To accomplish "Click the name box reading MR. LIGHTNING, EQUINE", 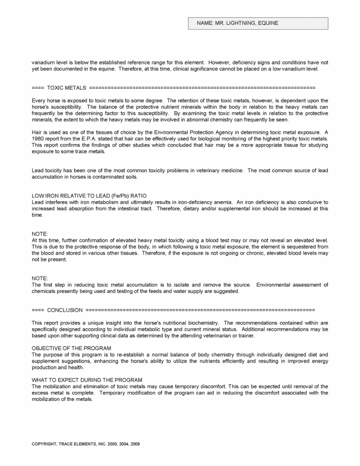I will (258, 23).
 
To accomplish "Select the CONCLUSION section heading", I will (65, 310).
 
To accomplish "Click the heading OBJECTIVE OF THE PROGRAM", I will (71, 348).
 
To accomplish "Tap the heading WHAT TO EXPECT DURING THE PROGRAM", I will (87, 380).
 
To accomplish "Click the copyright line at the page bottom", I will (86, 444).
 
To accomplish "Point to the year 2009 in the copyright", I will (135, 444).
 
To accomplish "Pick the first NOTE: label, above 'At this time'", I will (40, 233).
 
